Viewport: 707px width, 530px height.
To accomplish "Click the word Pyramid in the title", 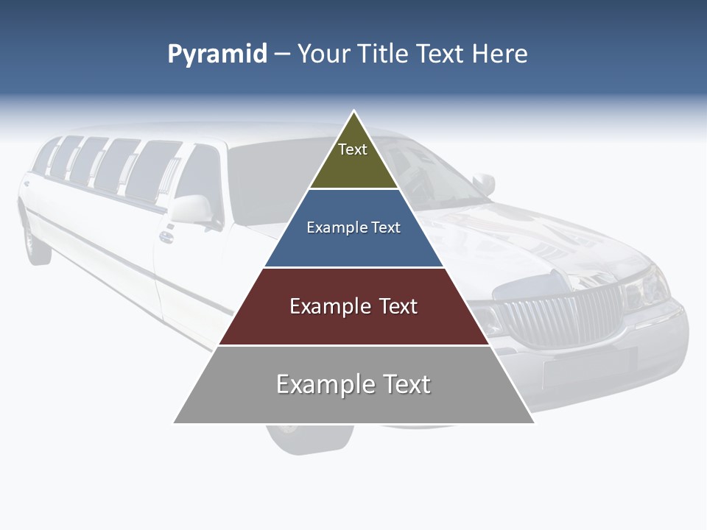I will coord(217,54).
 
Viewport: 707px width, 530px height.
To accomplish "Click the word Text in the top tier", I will coord(353,149).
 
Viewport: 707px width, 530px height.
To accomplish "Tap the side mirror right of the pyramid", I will coord(484,183).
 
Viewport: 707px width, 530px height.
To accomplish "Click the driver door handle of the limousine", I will coord(166,237).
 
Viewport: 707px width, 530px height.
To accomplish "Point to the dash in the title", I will coord(281,54).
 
